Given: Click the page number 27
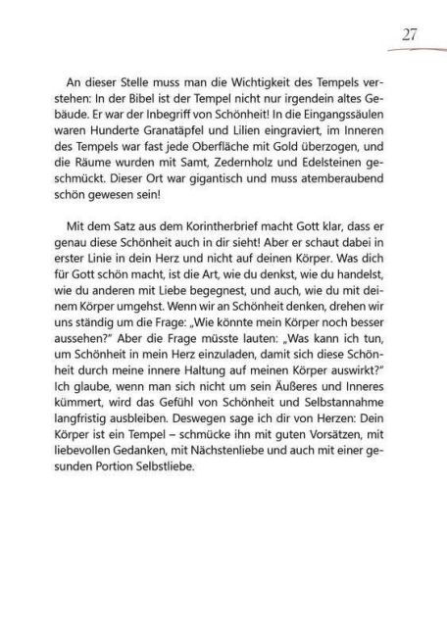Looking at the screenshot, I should click(x=410, y=34).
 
